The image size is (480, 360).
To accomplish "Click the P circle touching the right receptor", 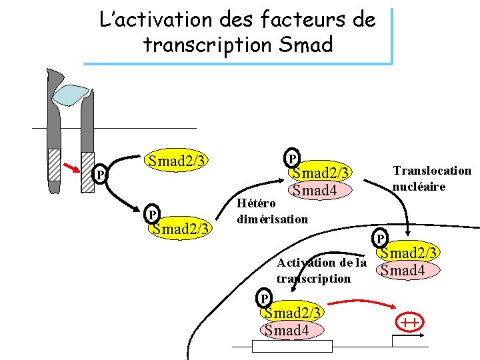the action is coord(99,175).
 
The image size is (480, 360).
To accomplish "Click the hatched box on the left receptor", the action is coord(53,164).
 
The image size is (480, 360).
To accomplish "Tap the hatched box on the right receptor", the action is coord(87,171).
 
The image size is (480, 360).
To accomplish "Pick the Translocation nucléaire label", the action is coord(431,178).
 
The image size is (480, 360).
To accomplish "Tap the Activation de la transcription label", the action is coord(321,270).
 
